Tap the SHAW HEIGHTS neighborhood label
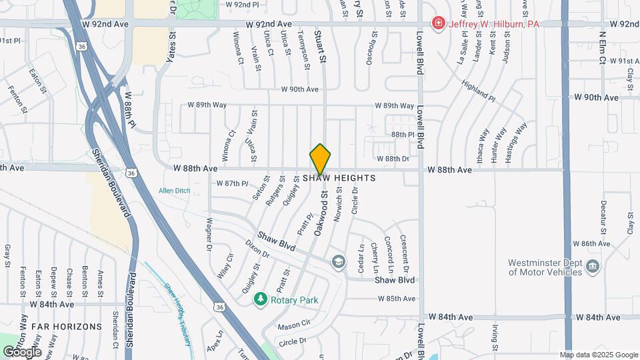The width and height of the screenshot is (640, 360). point(339,179)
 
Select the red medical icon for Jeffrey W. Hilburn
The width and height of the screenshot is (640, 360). point(439,24)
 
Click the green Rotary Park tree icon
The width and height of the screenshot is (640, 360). point(261,300)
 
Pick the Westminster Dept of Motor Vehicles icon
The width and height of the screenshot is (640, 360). point(591,267)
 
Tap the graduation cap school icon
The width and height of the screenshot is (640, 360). point(339,261)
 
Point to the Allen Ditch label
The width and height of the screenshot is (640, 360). point(174,191)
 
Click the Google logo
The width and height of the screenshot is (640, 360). point(21,351)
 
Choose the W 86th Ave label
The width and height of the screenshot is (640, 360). point(587,244)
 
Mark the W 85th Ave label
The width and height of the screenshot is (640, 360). point(396,299)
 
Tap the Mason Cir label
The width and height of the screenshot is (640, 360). point(294,326)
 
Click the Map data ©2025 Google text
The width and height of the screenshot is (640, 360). point(599,355)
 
